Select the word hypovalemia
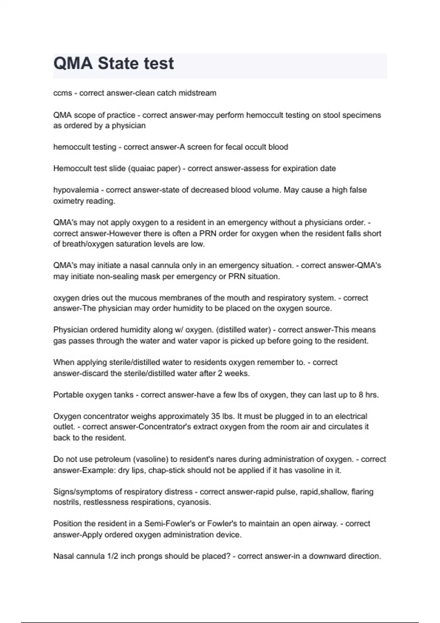tap(76, 190)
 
